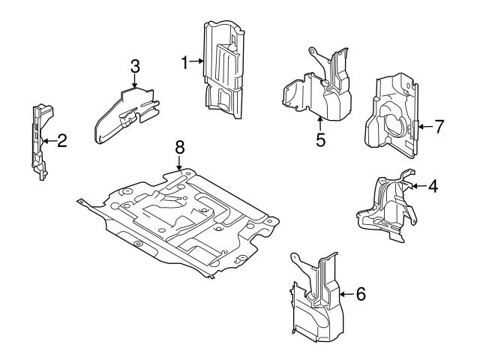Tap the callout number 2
[62, 139]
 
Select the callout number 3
[135, 66]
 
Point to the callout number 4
[433, 184]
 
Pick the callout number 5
[320, 139]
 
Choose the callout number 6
[361, 295]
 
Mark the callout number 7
[439, 126]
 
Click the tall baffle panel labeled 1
[223, 71]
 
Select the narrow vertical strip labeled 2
[37, 142]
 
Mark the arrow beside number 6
[346, 295]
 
